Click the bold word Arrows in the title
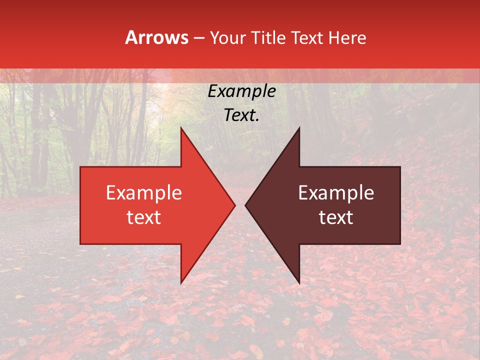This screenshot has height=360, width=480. pos(157,37)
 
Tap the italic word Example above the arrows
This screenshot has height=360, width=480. pos(241,91)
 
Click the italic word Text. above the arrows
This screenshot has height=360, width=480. pos(241,115)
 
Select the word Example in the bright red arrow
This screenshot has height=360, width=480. pos(143,193)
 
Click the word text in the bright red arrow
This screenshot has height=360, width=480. pos(143,217)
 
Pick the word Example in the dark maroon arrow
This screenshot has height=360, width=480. pos(336,193)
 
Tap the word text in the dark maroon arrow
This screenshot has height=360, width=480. pos(336,217)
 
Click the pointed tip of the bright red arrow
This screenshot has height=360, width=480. pos(235,205)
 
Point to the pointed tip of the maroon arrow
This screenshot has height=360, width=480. pos(245,205)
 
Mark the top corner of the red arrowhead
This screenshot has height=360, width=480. pos(181,127)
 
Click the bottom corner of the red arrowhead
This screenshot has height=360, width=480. pos(181,283)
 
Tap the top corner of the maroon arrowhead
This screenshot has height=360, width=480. pos(299,127)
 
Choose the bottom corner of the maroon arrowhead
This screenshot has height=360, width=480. pos(299,283)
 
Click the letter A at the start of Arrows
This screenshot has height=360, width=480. pos(131,37)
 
